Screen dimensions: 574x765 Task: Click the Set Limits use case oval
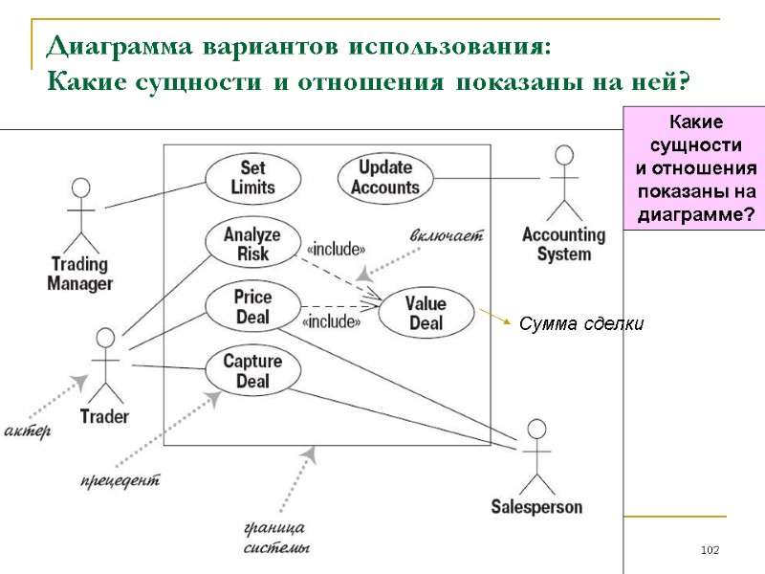pos(252,177)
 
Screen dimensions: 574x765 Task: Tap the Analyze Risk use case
pos(252,244)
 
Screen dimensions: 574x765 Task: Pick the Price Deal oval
pos(252,306)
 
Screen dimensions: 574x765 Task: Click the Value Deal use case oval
pos(426,313)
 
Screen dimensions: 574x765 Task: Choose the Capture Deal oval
pos(252,371)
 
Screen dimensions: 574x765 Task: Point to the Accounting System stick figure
pos(564,182)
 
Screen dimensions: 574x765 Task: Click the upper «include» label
pos(335,251)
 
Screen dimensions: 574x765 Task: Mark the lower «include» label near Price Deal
pos(331,321)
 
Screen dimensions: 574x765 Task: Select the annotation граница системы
pos(276,538)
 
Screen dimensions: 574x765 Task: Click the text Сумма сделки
pos(581,325)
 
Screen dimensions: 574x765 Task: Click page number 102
pos(709,550)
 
